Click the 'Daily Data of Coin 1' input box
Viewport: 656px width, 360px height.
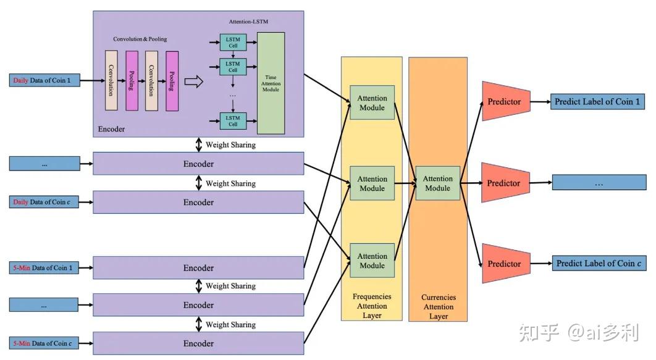(44, 80)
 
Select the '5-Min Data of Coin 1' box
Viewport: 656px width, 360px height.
(44, 267)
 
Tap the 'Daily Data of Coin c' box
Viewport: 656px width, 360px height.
(44, 202)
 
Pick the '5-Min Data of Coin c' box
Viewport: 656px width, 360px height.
(44, 343)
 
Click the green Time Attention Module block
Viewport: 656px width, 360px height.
(271, 83)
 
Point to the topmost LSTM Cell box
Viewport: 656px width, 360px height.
(233, 42)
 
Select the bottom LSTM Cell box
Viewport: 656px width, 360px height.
(233, 121)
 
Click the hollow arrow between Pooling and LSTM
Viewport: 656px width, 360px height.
(194, 81)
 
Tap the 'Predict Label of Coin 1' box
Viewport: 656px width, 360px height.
(597, 102)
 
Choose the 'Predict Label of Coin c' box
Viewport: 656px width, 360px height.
(599, 264)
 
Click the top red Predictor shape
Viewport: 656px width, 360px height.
(507, 101)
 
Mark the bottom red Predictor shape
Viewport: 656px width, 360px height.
(507, 264)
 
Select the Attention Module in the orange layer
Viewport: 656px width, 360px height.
(437, 183)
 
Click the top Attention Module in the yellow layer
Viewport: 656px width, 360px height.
(372, 103)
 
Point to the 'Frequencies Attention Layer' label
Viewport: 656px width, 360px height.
(372, 306)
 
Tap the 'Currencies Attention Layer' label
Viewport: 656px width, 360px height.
(439, 306)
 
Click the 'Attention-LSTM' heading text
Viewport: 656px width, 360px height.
(248, 22)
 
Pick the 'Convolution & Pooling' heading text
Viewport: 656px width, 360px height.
(140, 39)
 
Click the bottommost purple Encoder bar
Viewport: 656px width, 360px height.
(198, 343)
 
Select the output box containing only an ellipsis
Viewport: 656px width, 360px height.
(599, 183)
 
